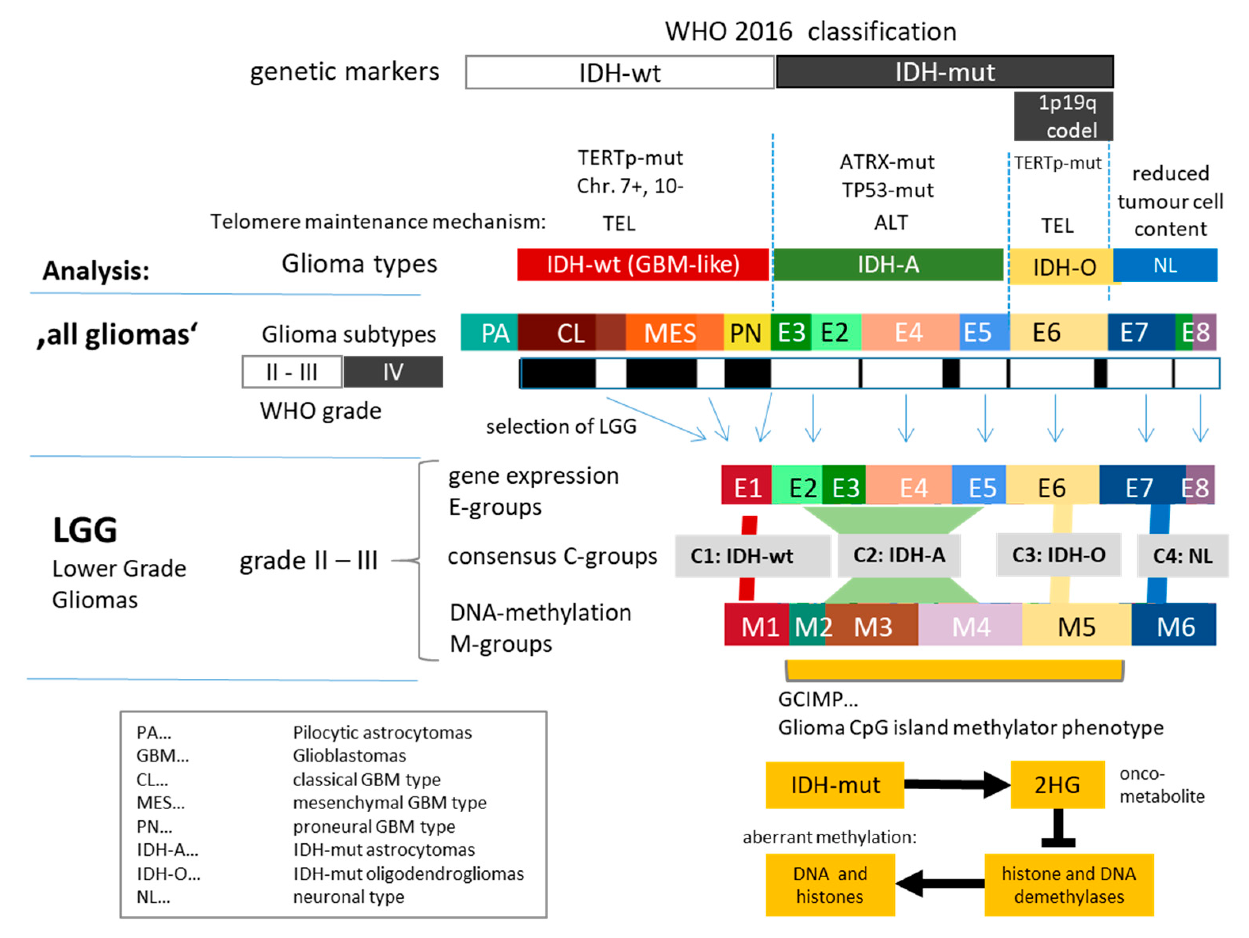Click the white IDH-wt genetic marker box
coord(620,72)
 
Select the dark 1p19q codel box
coord(1063,116)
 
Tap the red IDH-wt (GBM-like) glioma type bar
coord(643,264)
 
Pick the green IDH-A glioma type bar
coord(888,264)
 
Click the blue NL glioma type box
coord(1165,265)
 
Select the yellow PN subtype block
coord(746,333)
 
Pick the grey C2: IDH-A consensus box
coord(899,555)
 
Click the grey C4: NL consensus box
coord(1182,556)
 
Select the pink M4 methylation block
coord(970,626)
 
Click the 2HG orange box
coord(1057,785)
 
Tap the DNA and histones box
coord(829,885)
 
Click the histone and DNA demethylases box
coord(1068,885)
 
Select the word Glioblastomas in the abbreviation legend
coord(349,756)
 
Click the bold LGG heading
coord(85,530)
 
